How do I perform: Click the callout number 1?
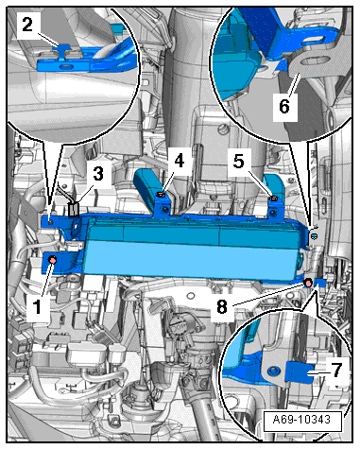pos(37,306)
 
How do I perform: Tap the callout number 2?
pos(27,25)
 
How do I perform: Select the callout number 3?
pos(98,174)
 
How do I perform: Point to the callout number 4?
pos(180,161)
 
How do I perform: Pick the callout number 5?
pos(238,161)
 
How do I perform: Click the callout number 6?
pos(284,106)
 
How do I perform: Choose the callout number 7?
pos(336,370)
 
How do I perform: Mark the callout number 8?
pos(222,306)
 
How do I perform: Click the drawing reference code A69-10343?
pos(302,420)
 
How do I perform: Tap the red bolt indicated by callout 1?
pos(52,260)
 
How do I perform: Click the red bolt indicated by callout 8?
pos(308,283)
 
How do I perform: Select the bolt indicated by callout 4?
pos(161,195)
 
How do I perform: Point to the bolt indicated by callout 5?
pos(273,199)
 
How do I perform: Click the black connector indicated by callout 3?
pos(74,210)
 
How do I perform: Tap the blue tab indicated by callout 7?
pos(300,371)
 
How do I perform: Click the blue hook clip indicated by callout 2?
pos(64,48)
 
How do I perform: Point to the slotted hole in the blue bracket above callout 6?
pos(314,40)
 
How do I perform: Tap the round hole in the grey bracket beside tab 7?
pos(273,371)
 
